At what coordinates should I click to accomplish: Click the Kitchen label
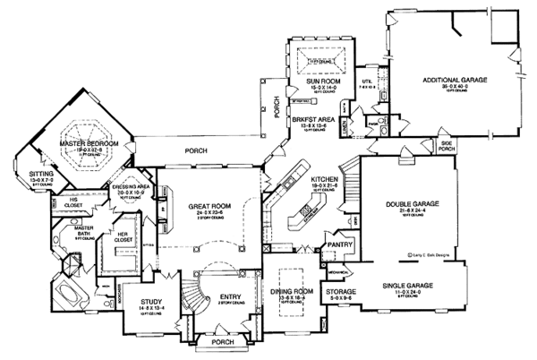click(323, 179)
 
